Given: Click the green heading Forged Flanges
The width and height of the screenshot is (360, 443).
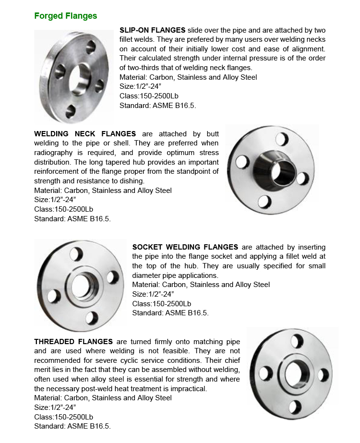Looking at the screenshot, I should pos(65,16).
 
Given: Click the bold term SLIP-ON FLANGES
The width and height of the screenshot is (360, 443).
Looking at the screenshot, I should pos(153,30).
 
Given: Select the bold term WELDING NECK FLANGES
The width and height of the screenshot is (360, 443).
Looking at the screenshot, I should pos(85,133).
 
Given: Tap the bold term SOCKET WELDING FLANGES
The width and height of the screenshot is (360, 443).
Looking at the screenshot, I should pos(185,247).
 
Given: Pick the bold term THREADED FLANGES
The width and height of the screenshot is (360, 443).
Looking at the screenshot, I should pos(73,342).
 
